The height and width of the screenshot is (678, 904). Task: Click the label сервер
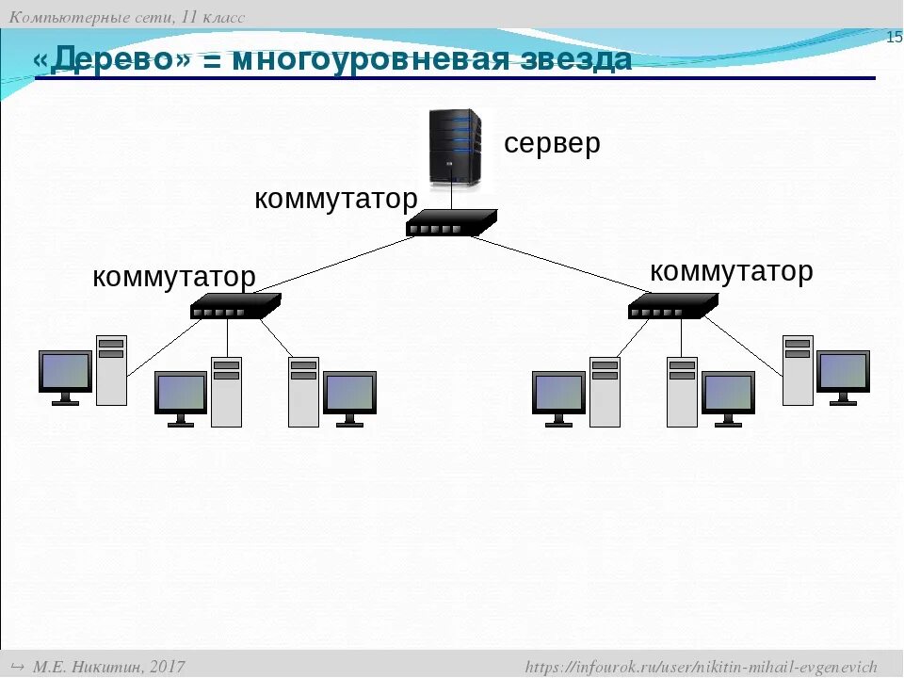552,143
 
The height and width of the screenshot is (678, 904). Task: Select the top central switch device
451,222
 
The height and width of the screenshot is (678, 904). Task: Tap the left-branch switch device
235,306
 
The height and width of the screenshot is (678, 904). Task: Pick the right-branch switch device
672,306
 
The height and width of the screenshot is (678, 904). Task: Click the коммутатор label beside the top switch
335,199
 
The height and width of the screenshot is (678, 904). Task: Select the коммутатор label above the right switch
731,271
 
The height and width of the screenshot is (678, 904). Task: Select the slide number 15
894,38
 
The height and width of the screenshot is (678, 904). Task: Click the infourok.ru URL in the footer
701,667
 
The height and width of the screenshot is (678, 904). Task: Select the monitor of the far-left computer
65,373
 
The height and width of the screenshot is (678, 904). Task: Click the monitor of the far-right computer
843,373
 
